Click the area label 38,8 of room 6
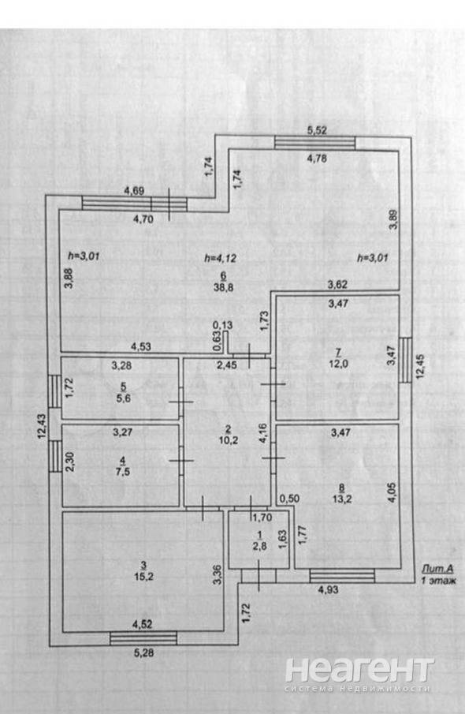pyautogui.click(x=223, y=287)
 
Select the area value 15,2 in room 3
pyautogui.click(x=143, y=576)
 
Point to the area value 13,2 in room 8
pyautogui.click(x=342, y=499)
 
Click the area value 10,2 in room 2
pyautogui.click(x=228, y=440)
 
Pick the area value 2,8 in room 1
pyautogui.click(x=259, y=547)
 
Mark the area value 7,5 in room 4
pyautogui.click(x=122, y=472)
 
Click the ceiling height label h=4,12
pyautogui.click(x=220, y=258)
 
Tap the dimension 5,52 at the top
pyautogui.click(x=317, y=130)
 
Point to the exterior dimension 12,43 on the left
pyautogui.click(x=42, y=426)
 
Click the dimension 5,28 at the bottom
pyautogui.click(x=143, y=652)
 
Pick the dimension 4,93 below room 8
pyautogui.click(x=328, y=589)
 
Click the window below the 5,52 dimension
pyautogui.click(x=314, y=143)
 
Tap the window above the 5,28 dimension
pyautogui.click(x=143, y=638)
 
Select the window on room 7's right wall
pyautogui.click(x=405, y=360)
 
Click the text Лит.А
pyautogui.click(x=437, y=568)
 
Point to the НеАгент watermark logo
pyautogui.click(x=359, y=675)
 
